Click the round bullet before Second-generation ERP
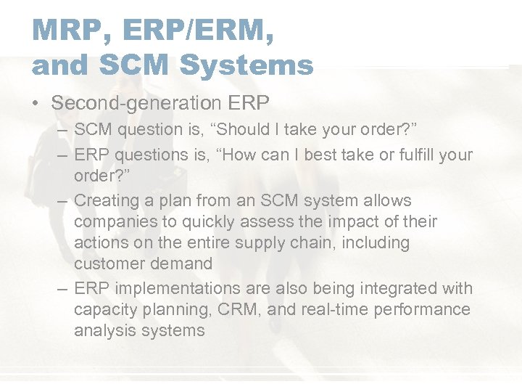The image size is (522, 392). pos(36,105)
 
